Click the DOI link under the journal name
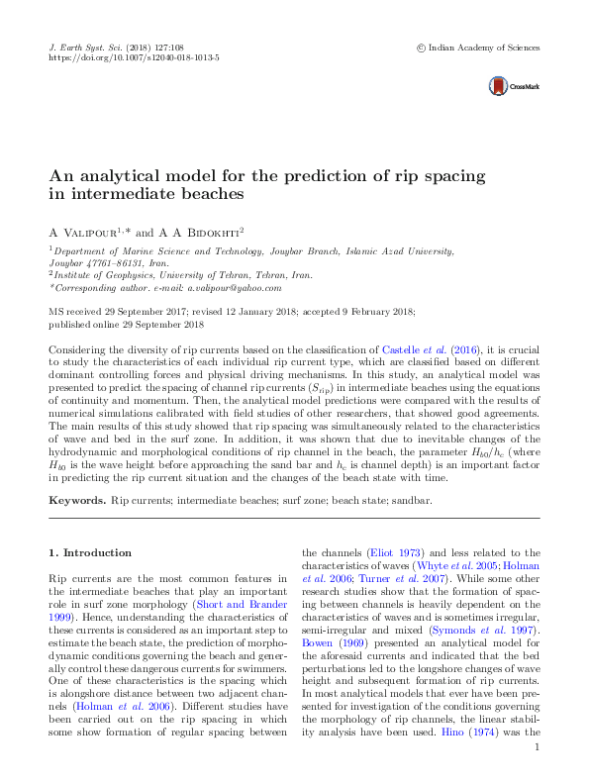[x=134, y=58]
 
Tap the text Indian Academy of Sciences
[x=484, y=47]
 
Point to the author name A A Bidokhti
[x=194, y=231]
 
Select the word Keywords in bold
[x=76, y=501]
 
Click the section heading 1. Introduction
[x=90, y=552]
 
